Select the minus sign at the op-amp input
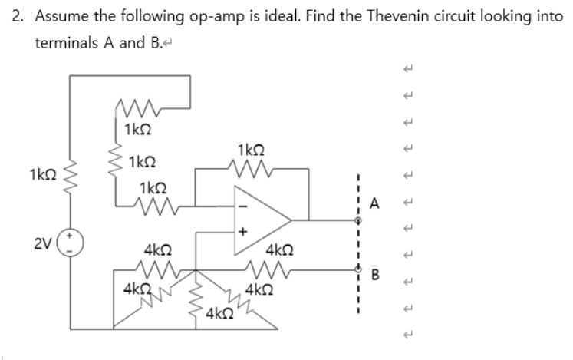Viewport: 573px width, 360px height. coord(239,204)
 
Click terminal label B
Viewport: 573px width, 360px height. coord(375,272)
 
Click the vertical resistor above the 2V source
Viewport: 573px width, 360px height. coord(69,177)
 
